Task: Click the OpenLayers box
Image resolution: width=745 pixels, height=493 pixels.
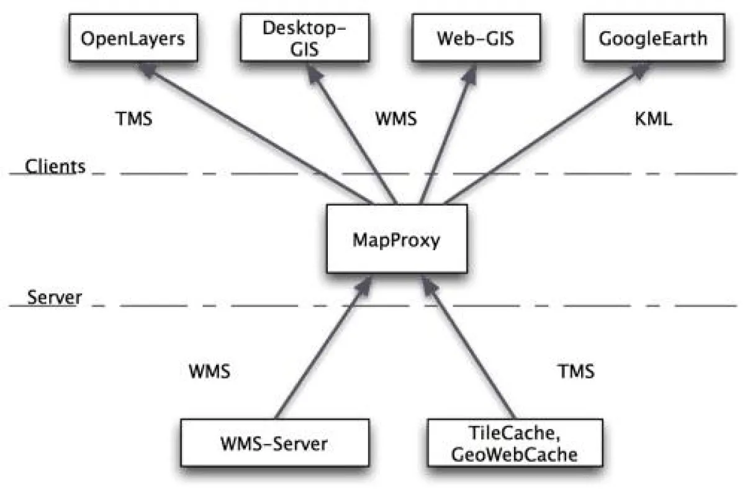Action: (133, 38)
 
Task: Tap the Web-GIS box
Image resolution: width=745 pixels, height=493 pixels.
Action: (476, 38)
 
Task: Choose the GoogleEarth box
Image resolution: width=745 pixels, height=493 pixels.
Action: (652, 38)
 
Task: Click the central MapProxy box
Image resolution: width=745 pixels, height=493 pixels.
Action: (396, 240)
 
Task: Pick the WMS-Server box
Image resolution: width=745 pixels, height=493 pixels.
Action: (273, 444)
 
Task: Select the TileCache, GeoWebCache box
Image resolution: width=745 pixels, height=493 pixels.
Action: (515, 444)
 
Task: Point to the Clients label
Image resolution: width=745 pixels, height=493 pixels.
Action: (55, 166)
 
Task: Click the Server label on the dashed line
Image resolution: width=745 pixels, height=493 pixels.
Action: (55, 297)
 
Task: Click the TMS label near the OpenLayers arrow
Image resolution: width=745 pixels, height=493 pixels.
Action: (134, 119)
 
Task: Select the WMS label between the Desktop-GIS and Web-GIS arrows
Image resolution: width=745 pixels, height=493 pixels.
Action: (396, 119)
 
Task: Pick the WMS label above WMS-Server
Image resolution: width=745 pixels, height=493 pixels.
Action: (209, 372)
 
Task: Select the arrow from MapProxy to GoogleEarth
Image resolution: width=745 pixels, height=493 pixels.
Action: (540, 137)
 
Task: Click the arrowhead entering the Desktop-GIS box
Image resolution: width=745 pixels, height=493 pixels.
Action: (308, 70)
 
